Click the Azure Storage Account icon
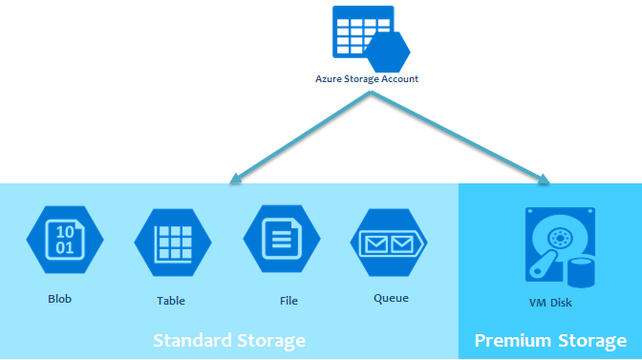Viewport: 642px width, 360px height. (367, 37)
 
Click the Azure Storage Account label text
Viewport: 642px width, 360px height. (367, 79)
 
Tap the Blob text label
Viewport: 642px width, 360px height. (60, 298)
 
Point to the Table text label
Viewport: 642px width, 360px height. (171, 300)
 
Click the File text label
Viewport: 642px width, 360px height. (289, 300)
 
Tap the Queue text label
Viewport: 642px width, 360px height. (391, 298)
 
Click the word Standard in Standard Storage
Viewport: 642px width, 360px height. (191, 341)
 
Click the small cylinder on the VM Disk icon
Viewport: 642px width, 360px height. (580, 272)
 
